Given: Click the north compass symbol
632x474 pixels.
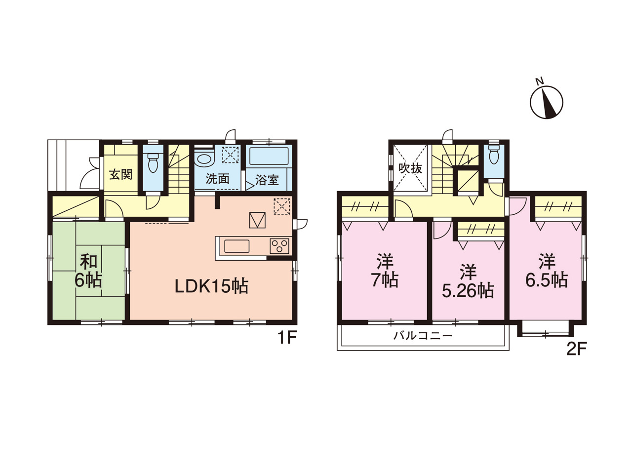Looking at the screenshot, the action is tap(546, 102).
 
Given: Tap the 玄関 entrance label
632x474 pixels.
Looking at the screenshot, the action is tap(120, 174).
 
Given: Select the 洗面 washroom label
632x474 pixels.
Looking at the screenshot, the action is tap(217, 179).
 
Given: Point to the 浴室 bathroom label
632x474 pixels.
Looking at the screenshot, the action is tap(267, 180).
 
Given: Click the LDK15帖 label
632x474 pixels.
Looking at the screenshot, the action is tap(212, 286).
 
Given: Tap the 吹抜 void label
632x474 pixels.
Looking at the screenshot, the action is tap(410, 168).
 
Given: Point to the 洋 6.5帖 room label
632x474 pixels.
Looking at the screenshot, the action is tap(547, 271).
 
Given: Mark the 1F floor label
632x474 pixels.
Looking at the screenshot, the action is tap(287, 338).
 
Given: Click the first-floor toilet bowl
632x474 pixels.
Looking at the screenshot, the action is tap(153, 162).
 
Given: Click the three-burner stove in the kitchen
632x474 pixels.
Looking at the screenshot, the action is tap(279, 246).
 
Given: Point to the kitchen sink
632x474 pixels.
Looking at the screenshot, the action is tap(237, 246).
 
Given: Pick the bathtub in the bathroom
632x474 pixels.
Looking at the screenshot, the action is tap(269, 156).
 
